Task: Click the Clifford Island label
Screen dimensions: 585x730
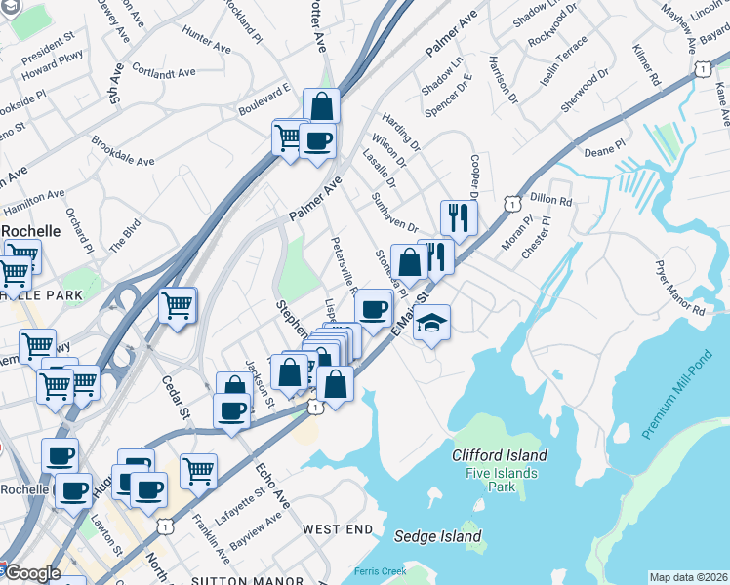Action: (x=499, y=455)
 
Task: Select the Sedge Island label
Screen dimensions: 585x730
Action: (x=438, y=536)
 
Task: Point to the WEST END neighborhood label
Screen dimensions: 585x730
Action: (x=338, y=528)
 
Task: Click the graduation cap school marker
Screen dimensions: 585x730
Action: (x=430, y=323)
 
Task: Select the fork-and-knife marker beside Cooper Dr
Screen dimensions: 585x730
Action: (x=458, y=218)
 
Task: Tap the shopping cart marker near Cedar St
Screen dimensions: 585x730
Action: (x=178, y=305)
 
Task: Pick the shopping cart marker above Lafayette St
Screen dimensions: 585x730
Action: (x=198, y=471)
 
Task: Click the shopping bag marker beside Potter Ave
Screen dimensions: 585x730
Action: (x=321, y=106)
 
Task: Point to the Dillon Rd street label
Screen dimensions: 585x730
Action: (x=551, y=201)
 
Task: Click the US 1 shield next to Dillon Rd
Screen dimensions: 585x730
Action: (x=510, y=202)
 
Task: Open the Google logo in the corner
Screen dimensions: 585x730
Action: (x=32, y=572)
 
